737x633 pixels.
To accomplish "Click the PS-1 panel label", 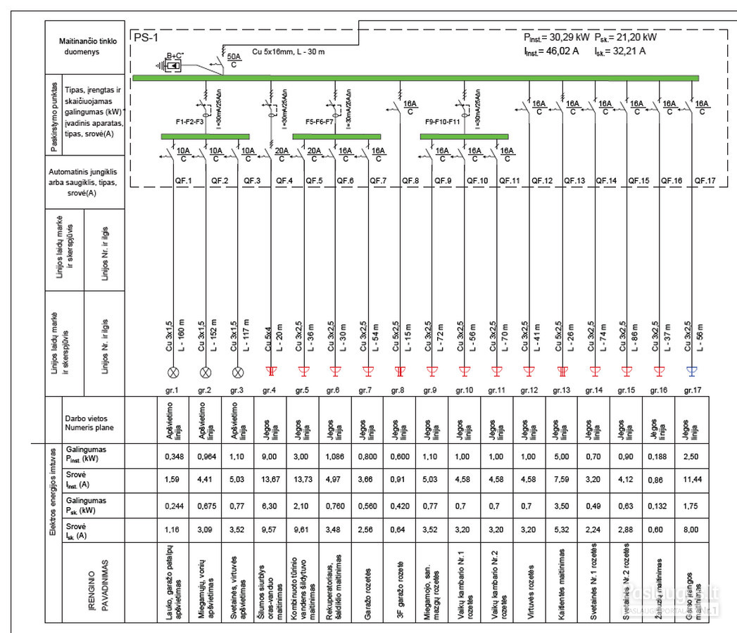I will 144,37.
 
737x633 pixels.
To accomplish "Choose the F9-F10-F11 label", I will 443,121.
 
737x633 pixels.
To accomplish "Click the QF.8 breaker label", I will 411,181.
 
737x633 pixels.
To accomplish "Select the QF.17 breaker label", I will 705,181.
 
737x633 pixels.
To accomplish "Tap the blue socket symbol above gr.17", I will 692,371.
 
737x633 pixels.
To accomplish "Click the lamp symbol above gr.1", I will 173,371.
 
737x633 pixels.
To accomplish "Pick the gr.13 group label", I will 561,389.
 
